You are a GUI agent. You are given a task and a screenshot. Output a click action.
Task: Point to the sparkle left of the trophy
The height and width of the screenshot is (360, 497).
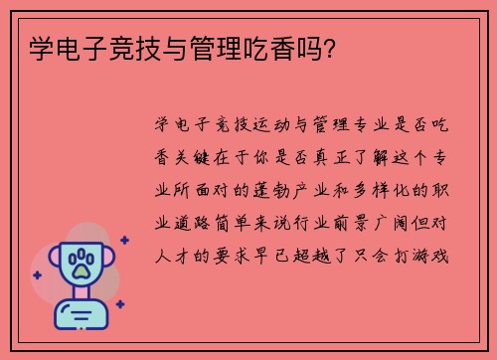click(x=37, y=273)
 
